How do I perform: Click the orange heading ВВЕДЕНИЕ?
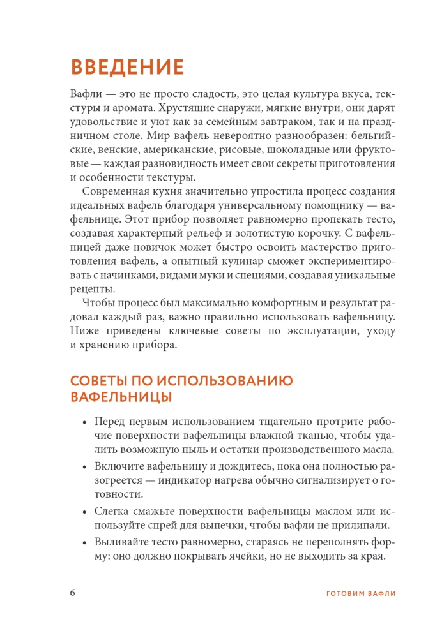point(127,67)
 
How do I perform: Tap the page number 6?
point(73,592)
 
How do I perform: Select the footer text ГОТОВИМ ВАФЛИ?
point(361,593)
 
